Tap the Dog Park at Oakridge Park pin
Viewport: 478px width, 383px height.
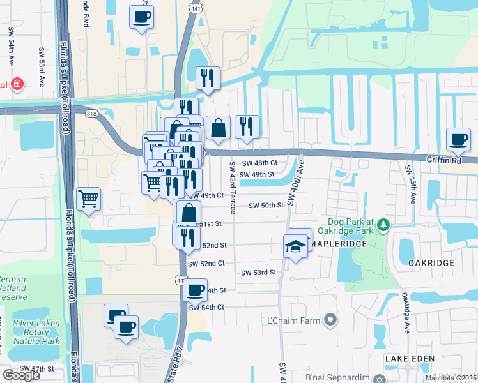(x=383, y=225)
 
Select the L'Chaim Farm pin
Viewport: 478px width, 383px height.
(x=330, y=319)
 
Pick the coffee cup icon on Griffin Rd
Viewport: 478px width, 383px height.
(x=458, y=140)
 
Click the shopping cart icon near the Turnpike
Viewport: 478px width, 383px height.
(x=88, y=198)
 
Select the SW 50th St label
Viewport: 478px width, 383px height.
(x=266, y=206)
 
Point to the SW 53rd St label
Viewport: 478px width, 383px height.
(x=258, y=273)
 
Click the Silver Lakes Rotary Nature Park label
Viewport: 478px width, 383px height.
(x=36, y=332)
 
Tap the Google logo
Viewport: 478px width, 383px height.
(x=21, y=375)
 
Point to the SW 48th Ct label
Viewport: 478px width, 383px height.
(x=260, y=163)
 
